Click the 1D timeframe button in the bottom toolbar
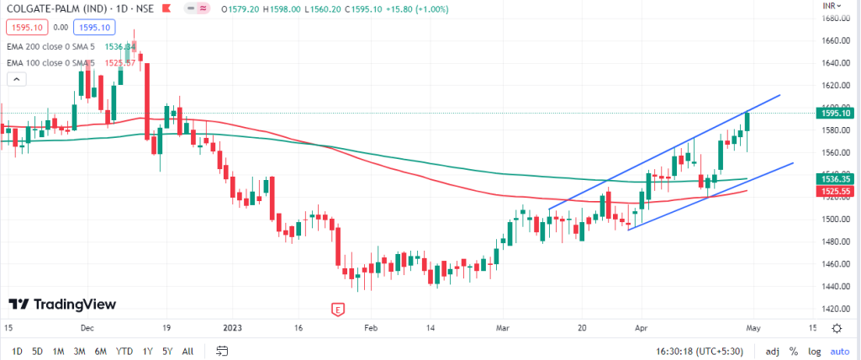[17, 351]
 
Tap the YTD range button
[124, 351]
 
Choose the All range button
[188, 351]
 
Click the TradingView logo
[62, 304]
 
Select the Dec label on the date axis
[87, 328]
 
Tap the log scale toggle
[813, 351]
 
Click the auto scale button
[839, 351]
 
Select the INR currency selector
[832, 5]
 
